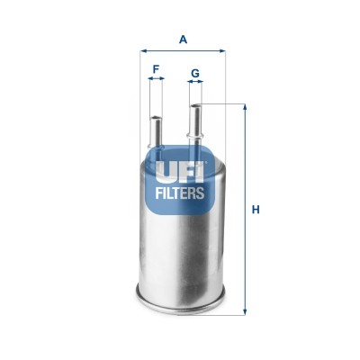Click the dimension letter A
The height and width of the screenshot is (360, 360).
coord(183,39)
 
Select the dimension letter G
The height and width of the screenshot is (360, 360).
coord(194,72)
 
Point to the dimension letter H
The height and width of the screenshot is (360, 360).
coord(256,211)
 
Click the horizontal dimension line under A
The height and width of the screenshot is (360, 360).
coord(183,51)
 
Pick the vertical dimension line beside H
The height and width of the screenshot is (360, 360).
coord(245,211)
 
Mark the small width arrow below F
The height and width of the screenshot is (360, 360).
coord(157,79)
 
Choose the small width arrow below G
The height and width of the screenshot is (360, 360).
coord(195,83)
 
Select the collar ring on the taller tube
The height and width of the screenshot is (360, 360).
coord(195,135)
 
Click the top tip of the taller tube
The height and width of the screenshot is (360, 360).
coord(195,106)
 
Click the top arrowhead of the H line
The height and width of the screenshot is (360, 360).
coord(245,107)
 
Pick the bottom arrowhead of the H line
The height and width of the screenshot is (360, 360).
coord(245,314)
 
